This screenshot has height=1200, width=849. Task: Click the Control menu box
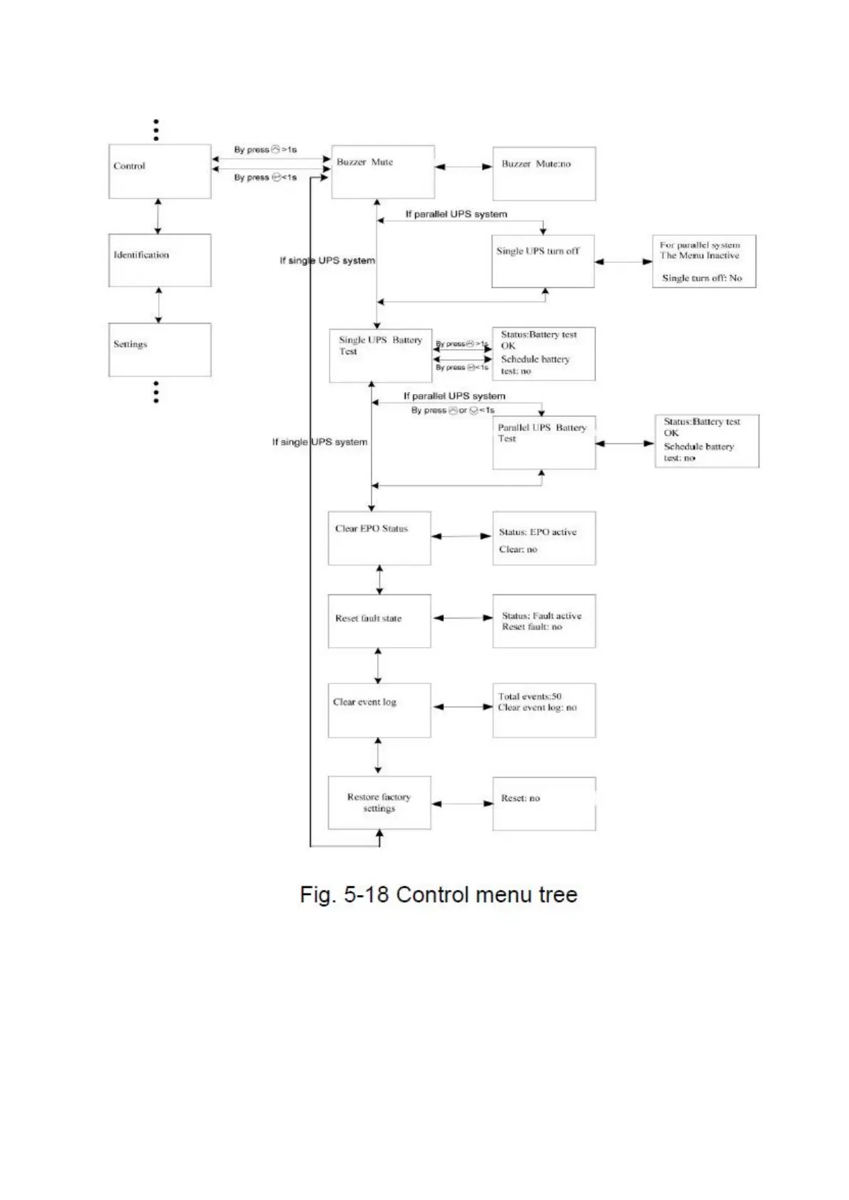(160, 171)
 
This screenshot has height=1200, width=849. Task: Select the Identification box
(160, 260)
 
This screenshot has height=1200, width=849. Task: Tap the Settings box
(160, 349)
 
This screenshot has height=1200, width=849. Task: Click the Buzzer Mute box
(383, 172)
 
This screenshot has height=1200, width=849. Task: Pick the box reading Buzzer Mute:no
(544, 174)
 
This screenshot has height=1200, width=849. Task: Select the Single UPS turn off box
(542, 262)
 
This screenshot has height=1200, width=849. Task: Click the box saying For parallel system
(704, 262)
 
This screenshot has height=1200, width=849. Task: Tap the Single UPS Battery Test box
(381, 355)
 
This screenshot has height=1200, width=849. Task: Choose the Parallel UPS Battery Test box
(544, 443)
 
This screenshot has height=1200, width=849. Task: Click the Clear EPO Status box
(379, 538)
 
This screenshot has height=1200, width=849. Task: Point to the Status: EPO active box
(544, 538)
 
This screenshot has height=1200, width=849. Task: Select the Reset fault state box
(379, 621)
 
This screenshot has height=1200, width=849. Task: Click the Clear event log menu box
(379, 710)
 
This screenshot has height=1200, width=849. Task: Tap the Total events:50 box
(544, 710)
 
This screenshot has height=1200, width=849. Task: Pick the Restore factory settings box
(379, 803)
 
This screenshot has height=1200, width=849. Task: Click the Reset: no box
(544, 803)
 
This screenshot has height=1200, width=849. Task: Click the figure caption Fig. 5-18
(438, 894)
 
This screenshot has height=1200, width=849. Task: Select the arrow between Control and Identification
(158, 216)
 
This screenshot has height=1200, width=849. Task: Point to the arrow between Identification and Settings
(158, 305)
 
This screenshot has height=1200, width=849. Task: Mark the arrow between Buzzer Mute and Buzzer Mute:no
(463, 167)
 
